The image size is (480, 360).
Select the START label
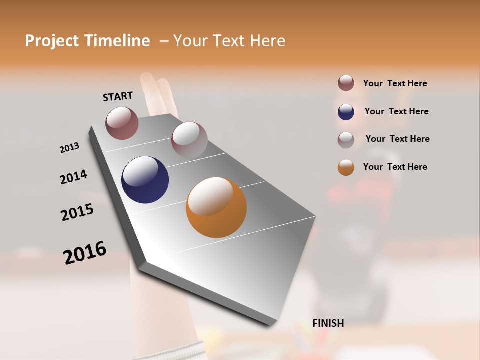click(118, 96)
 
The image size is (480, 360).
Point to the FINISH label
click(328, 323)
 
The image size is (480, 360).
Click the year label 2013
click(69, 148)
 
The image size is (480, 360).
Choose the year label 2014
click(73, 177)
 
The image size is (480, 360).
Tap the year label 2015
click(77, 212)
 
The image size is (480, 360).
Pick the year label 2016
click(85, 252)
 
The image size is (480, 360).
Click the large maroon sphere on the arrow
click(122, 123)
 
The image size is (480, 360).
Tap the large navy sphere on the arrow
click(145, 180)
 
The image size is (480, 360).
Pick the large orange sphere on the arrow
click(216, 207)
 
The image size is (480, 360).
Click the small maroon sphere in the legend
click(346, 83)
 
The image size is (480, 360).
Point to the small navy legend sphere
click(346, 112)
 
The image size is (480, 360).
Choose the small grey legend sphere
click(346, 140)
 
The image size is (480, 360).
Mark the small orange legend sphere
click(346, 167)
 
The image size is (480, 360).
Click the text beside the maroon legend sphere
click(395, 83)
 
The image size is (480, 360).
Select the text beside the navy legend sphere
click(396, 111)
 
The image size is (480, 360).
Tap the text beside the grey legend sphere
click(397, 139)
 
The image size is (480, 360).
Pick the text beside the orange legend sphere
click(395, 167)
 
